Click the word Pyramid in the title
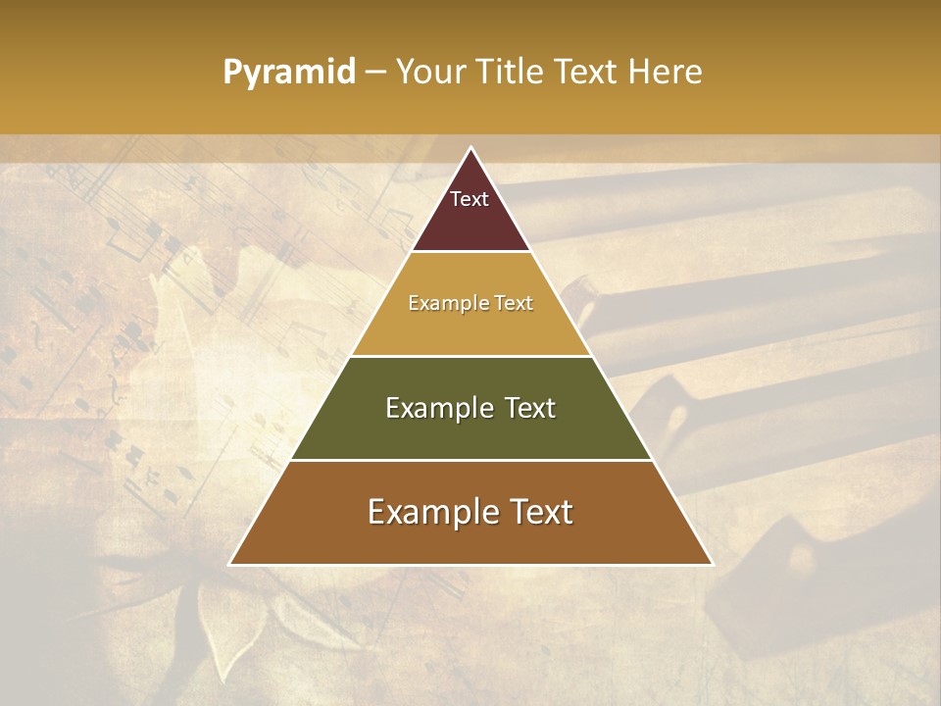288,73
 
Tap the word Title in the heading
512,72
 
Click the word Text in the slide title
588,72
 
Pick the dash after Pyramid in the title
374,73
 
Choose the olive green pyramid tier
470,431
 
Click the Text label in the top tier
470,199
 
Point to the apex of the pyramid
470,149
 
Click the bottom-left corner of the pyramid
231,564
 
